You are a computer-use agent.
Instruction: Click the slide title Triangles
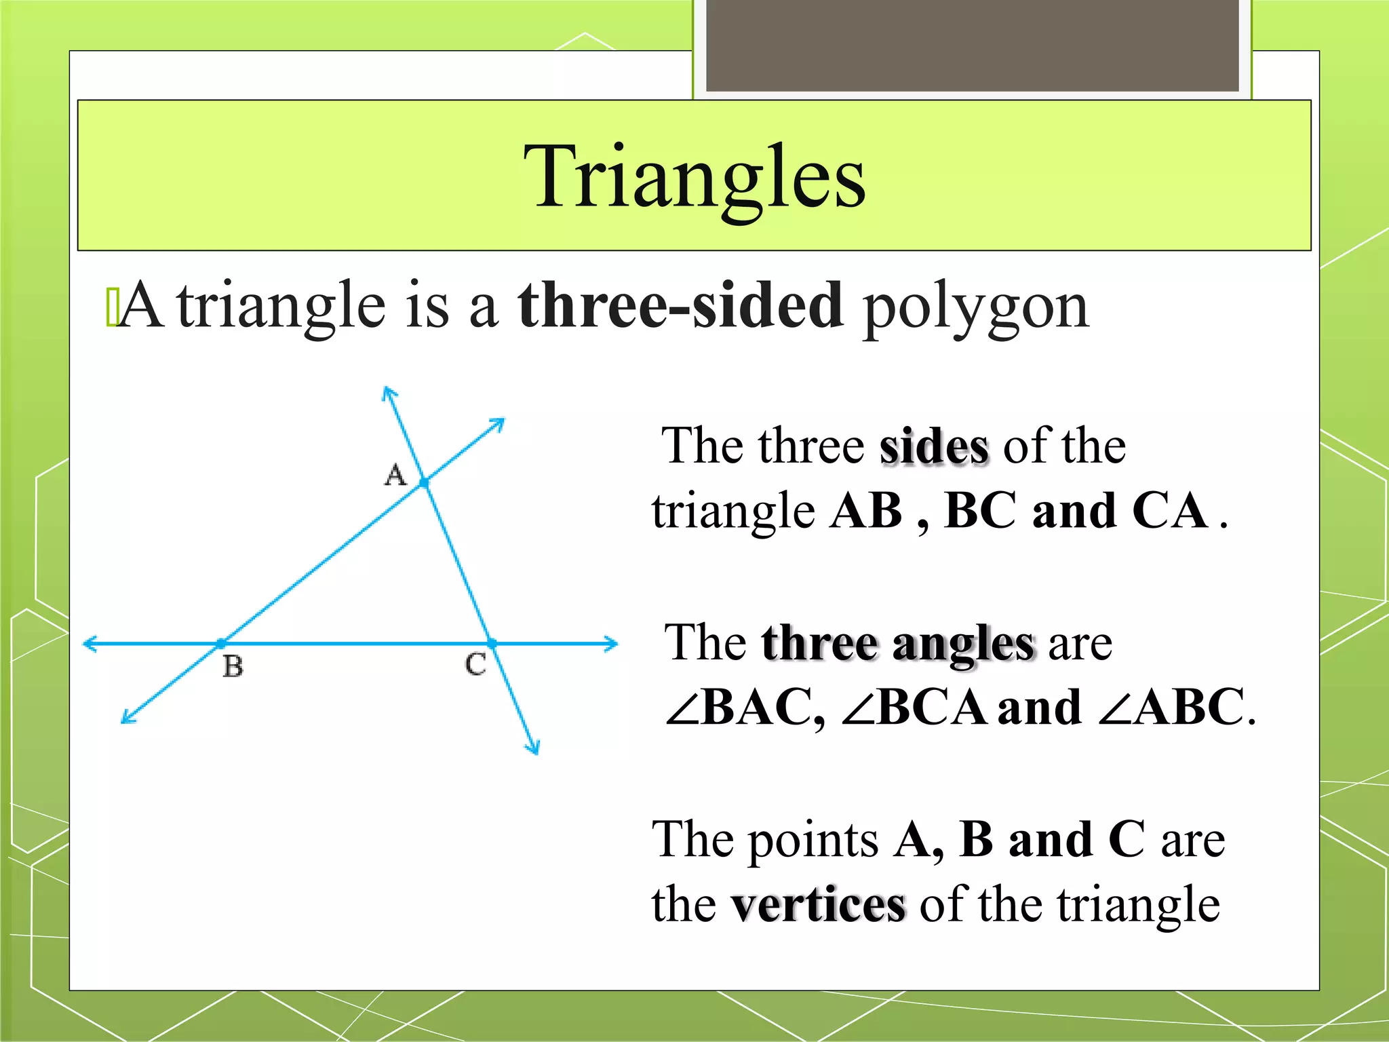click(694, 178)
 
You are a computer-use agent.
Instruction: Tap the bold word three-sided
click(680, 306)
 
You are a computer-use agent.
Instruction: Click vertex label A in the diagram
click(395, 474)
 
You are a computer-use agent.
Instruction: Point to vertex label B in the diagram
click(233, 666)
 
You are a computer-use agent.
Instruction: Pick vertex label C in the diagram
click(475, 664)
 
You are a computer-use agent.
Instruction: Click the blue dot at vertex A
click(425, 483)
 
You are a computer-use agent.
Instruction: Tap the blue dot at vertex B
click(221, 643)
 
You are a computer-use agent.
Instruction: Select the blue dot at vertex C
click(492, 643)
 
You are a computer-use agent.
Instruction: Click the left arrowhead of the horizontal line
click(88, 643)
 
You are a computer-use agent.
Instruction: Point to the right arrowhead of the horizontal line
click(612, 643)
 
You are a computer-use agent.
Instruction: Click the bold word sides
click(934, 447)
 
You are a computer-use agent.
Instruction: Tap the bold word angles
click(964, 644)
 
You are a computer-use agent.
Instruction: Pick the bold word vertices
click(818, 905)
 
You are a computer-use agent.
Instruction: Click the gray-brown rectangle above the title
click(972, 45)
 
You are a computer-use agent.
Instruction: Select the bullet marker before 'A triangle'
click(112, 307)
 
